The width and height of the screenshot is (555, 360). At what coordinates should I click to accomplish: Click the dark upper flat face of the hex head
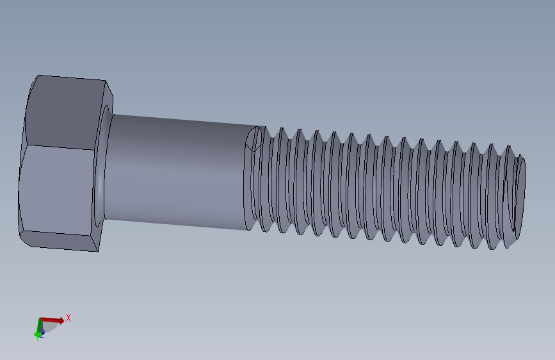64,112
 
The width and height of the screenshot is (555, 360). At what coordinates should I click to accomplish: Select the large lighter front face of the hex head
56,189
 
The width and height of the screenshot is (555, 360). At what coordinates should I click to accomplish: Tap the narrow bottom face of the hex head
61,240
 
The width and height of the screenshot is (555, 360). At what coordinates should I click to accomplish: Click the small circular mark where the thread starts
255,140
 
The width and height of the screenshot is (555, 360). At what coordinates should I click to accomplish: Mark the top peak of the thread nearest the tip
508,147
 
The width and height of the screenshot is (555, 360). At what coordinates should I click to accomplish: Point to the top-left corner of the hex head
38,76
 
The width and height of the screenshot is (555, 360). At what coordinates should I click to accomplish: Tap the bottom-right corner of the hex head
98,250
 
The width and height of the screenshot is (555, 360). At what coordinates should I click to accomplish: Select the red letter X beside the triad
68,318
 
